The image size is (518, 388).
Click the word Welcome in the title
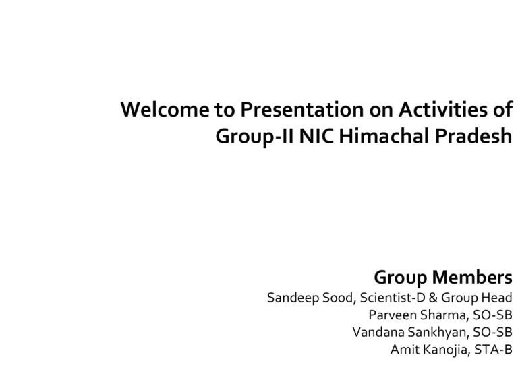tap(165, 110)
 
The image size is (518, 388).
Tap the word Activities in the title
tap(443, 110)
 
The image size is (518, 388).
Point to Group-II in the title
tap(254, 137)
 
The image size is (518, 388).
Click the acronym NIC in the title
tap(316, 136)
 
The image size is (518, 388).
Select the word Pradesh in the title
tap(473, 136)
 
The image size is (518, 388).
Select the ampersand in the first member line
tap(433, 298)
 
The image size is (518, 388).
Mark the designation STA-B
tap(493, 350)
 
